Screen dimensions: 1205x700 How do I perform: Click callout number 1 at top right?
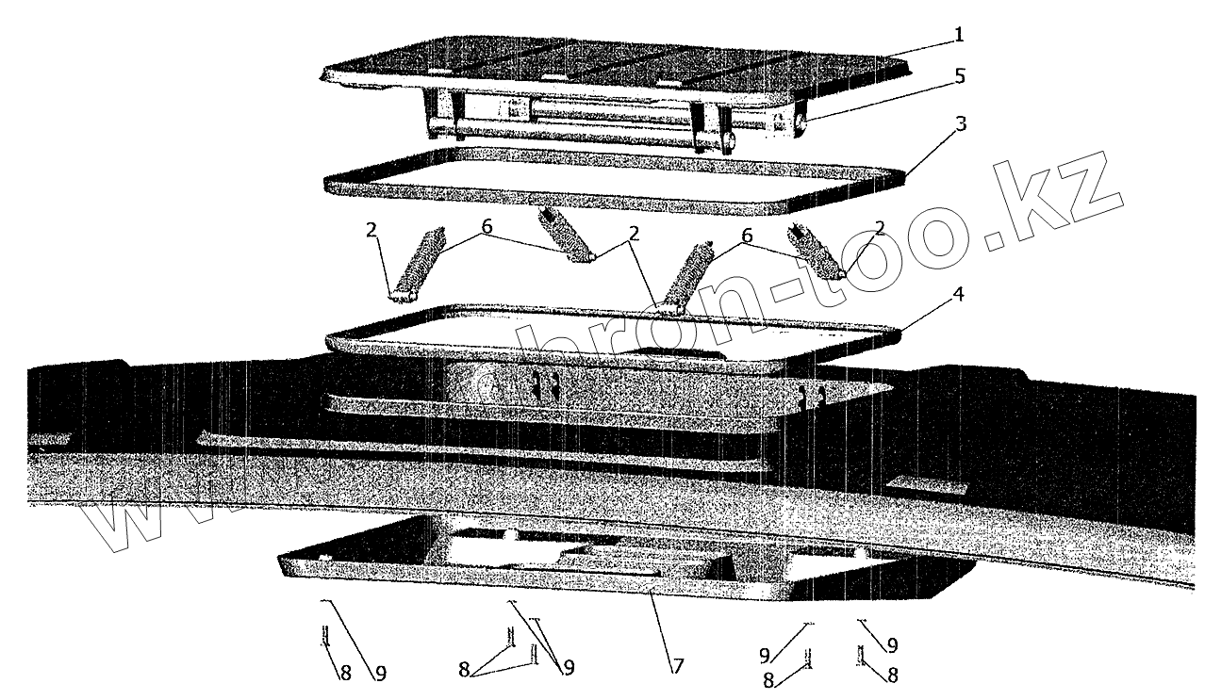point(959,35)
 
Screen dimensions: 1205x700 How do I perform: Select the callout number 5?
point(959,77)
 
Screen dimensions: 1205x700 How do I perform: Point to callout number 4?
point(958,294)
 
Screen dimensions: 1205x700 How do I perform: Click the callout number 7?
point(676,665)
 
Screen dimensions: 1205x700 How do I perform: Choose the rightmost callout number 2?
point(879,228)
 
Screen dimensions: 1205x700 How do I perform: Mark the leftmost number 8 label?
point(345,673)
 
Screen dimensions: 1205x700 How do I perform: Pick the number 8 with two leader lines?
point(464,669)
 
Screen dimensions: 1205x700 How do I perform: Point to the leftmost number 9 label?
point(380,673)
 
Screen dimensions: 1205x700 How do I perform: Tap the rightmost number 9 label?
point(892,645)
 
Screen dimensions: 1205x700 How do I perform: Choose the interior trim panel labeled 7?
point(603,565)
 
